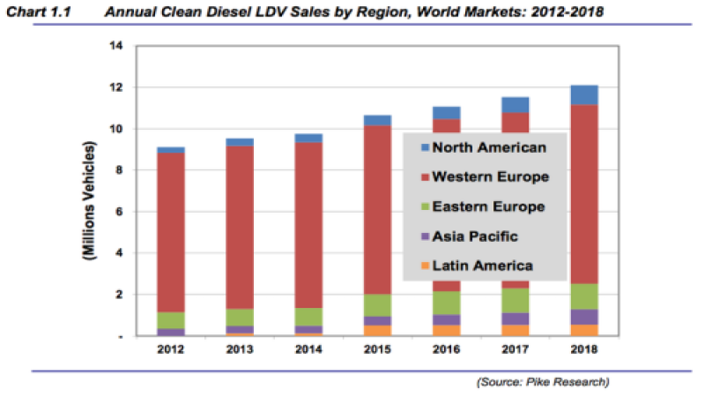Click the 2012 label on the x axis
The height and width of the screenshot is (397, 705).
(170, 350)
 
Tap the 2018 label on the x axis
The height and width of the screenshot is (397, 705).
(583, 350)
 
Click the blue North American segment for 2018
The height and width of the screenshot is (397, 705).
(583, 95)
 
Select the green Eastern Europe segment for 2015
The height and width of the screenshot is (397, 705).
(377, 305)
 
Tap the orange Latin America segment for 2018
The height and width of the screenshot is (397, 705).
(583, 330)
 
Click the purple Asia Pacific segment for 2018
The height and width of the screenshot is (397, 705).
(583, 317)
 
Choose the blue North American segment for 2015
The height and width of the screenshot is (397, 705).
(377, 120)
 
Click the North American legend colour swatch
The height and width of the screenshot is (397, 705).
(425, 148)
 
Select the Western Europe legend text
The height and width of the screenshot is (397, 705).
(492, 177)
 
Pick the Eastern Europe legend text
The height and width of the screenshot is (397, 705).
(489, 206)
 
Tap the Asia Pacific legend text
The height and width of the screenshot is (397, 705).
(481, 236)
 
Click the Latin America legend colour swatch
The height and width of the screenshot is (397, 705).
(425, 265)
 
